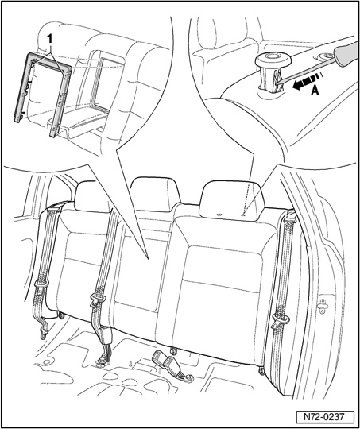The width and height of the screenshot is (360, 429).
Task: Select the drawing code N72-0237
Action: (x=324, y=417)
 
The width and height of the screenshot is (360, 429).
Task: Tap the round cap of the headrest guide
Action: (x=273, y=60)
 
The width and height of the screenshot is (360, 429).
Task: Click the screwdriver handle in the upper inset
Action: (x=347, y=54)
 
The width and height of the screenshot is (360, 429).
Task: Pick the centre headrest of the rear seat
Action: (x=155, y=194)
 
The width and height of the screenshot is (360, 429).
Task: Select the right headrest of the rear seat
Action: (x=232, y=200)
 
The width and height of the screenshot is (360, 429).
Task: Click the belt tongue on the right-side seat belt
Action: (x=279, y=322)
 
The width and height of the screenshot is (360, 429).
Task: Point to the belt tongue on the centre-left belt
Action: (x=97, y=300)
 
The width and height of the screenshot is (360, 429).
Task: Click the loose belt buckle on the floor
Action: (x=172, y=365)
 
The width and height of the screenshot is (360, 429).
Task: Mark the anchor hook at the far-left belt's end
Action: (x=44, y=333)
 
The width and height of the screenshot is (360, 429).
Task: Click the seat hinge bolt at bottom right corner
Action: (x=262, y=371)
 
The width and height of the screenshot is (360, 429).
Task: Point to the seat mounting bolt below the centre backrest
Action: (x=173, y=350)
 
